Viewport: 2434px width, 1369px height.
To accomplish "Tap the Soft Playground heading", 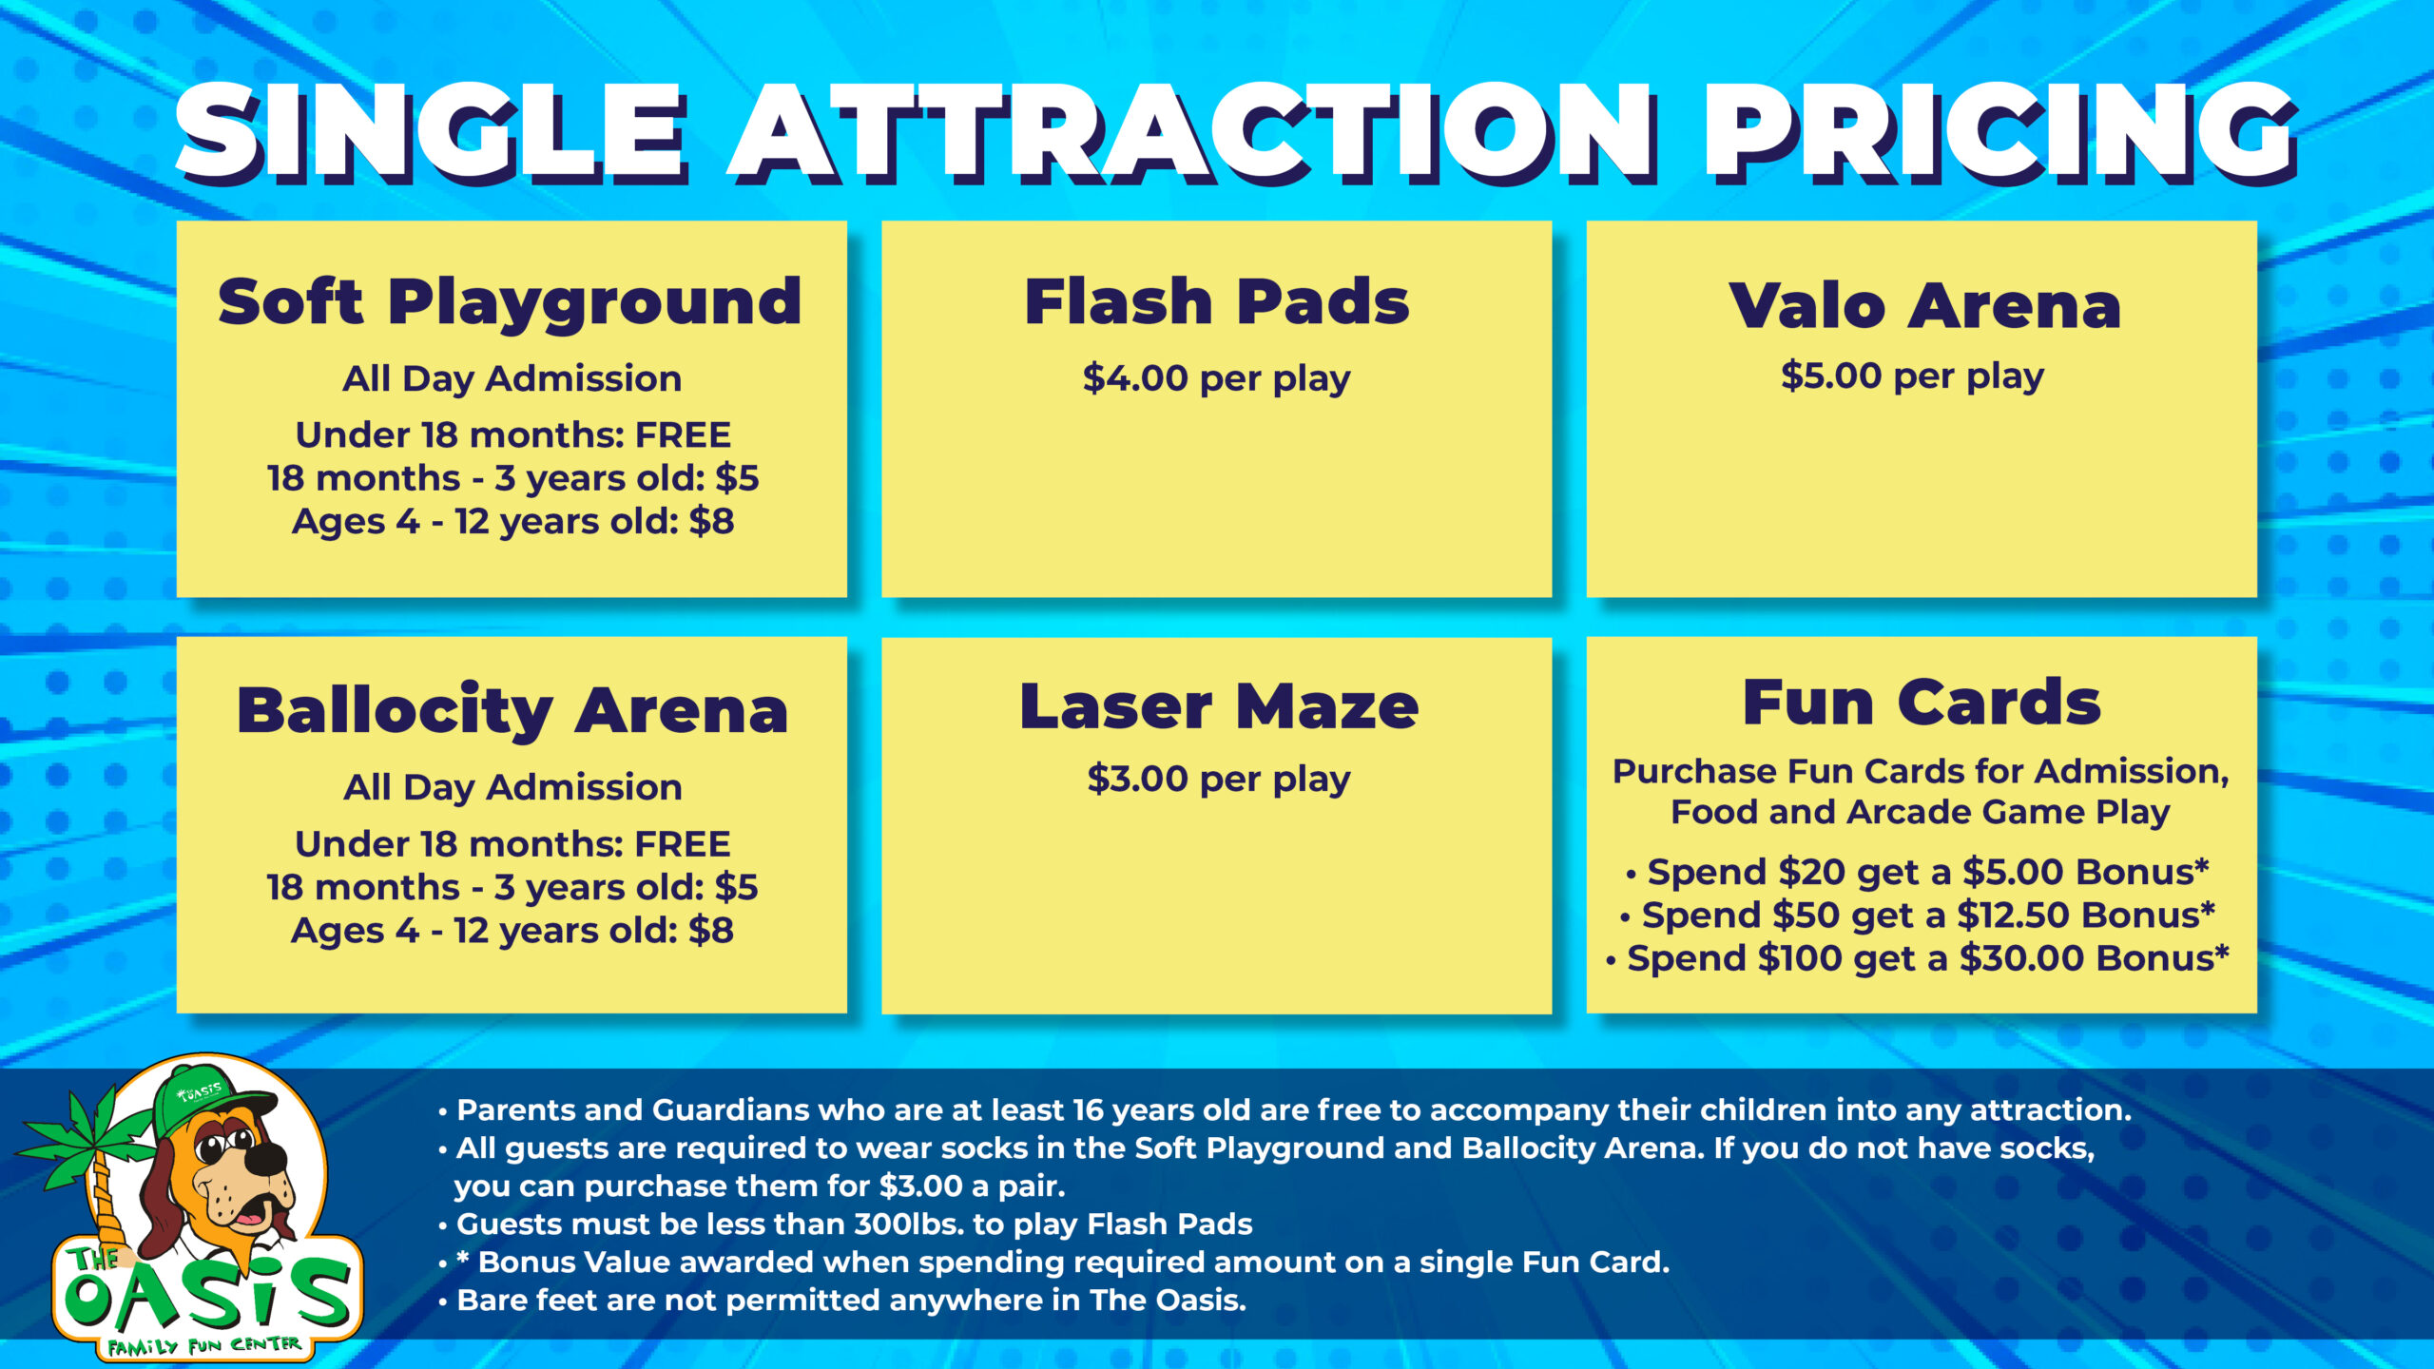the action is (x=511, y=303).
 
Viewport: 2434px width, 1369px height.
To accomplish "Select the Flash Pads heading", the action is (x=1217, y=301).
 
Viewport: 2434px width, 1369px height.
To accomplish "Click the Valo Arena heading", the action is (x=1924, y=305).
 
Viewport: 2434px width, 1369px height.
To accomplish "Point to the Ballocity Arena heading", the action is (x=512, y=711).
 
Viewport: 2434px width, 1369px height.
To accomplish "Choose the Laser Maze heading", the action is (x=1219, y=706).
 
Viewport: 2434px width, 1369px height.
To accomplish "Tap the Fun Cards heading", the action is (x=1922, y=703).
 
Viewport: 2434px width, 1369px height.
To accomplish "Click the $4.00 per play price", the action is (x=1216, y=378).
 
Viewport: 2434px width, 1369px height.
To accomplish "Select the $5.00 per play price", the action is (x=1912, y=376).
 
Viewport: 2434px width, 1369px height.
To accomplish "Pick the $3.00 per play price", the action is (x=1219, y=780).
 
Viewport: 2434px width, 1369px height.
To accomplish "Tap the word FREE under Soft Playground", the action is (x=683, y=434).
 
